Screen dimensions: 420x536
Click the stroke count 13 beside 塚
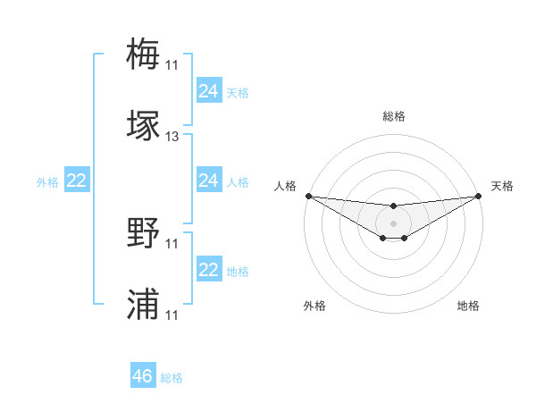[x=172, y=138]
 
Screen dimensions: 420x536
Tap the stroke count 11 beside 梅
[x=172, y=65]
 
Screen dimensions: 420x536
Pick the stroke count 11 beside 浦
[x=172, y=316]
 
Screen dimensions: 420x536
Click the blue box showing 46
[x=143, y=376]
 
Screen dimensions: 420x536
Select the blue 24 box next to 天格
[x=209, y=91]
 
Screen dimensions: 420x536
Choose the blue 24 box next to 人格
[x=209, y=181]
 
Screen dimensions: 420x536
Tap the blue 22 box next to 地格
[x=209, y=271]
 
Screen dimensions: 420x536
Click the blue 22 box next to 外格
[x=77, y=181]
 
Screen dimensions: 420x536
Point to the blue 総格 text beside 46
[x=172, y=378]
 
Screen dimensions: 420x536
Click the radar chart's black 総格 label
[x=393, y=116]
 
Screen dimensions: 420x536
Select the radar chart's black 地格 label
[x=468, y=307]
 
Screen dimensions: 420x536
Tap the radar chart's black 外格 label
[x=314, y=307]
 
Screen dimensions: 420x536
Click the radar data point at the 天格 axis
[x=479, y=196]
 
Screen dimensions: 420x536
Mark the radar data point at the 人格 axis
[x=308, y=196]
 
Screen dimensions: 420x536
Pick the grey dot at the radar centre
[x=393, y=223]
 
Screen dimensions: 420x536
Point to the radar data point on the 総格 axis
[x=393, y=206]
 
